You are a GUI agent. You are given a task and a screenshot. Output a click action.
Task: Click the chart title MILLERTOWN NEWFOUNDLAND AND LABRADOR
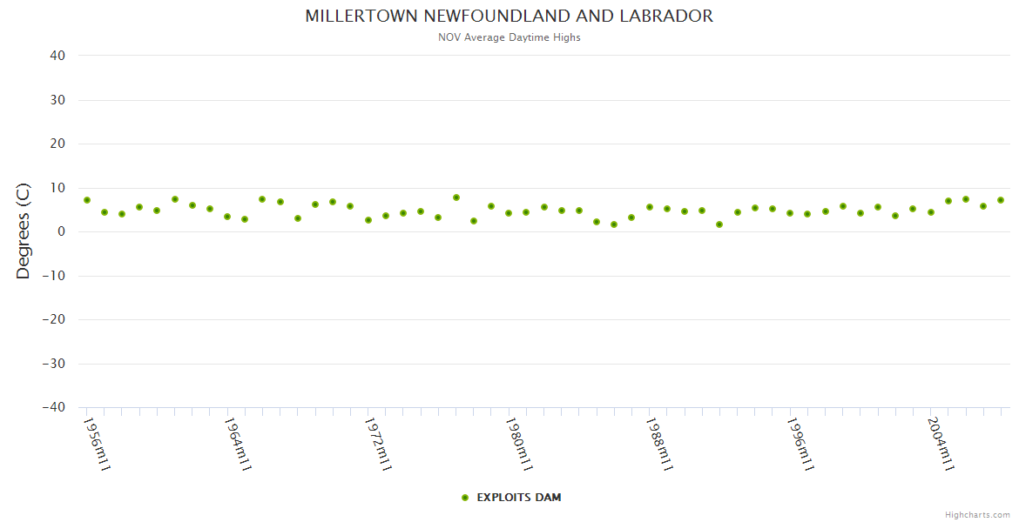(509, 17)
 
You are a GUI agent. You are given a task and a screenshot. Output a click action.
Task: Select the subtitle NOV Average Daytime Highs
(509, 37)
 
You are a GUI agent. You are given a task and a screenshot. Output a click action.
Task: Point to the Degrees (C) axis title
(24, 231)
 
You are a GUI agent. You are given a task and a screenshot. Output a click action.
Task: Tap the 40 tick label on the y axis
(58, 56)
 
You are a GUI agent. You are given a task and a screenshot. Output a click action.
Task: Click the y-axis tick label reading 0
(62, 231)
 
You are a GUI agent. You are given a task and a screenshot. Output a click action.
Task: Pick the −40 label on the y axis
(53, 407)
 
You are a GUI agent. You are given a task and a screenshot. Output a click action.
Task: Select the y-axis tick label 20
(58, 144)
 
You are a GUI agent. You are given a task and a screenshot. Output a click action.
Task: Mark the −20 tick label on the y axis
(53, 319)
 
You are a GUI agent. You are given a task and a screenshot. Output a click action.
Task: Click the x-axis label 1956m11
(97, 444)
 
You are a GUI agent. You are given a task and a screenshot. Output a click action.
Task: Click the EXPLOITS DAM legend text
(519, 498)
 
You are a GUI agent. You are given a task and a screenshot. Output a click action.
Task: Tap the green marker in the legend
(465, 498)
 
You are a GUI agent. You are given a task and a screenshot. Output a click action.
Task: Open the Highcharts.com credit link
(977, 515)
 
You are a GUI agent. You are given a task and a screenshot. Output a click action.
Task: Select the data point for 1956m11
(87, 200)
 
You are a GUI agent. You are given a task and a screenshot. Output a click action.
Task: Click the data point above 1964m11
(227, 217)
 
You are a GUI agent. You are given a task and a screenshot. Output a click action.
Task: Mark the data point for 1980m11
(509, 213)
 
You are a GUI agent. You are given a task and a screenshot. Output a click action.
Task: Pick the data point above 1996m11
(790, 213)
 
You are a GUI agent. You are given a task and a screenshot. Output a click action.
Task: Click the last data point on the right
(1001, 200)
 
